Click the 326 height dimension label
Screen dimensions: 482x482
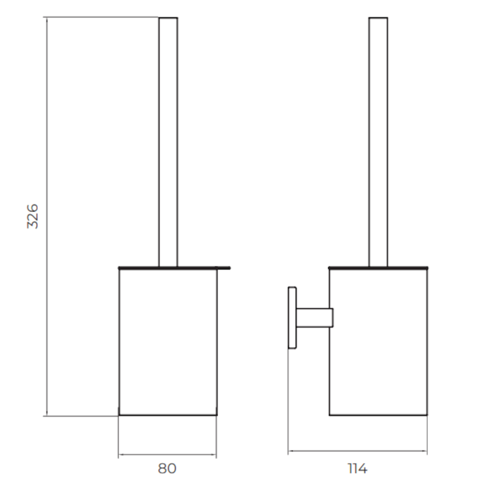pyautogui.click(x=33, y=216)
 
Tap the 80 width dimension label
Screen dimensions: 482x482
pyautogui.click(x=167, y=469)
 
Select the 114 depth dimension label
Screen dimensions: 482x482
pyautogui.click(x=357, y=469)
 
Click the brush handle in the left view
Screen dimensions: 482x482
pyautogui.click(x=168, y=142)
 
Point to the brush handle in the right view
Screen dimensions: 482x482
pyautogui.click(x=378, y=142)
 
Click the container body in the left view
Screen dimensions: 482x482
pyautogui.click(x=168, y=342)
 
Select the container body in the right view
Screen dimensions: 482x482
pyautogui.click(x=378, y=342)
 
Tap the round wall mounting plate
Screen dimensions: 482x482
pyautogui.click(x=292, y=318)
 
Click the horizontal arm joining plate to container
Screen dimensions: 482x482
pyautogui.click(x=315, y=318)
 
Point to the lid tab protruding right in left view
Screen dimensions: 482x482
pyautogui.click(x=224, y=268)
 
